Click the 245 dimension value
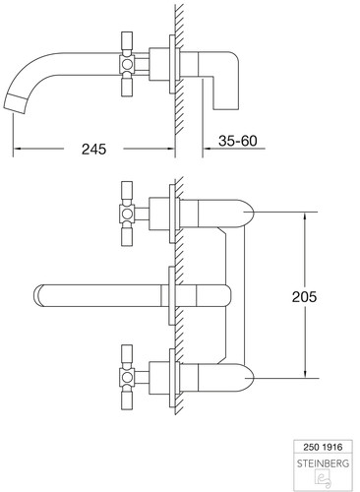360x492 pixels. tap(93, 149)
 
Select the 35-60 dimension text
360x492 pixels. tap(238, 141)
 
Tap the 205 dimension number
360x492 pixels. tap(304, 297)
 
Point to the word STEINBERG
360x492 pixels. tap(323, 463)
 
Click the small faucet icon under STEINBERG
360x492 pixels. tap(323, 477)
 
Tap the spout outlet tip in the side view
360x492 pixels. tap(15, 103)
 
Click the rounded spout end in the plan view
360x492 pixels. tap(38, 295)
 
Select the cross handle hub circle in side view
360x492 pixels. tap(127, 64)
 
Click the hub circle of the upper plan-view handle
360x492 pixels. tap(127, 214)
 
